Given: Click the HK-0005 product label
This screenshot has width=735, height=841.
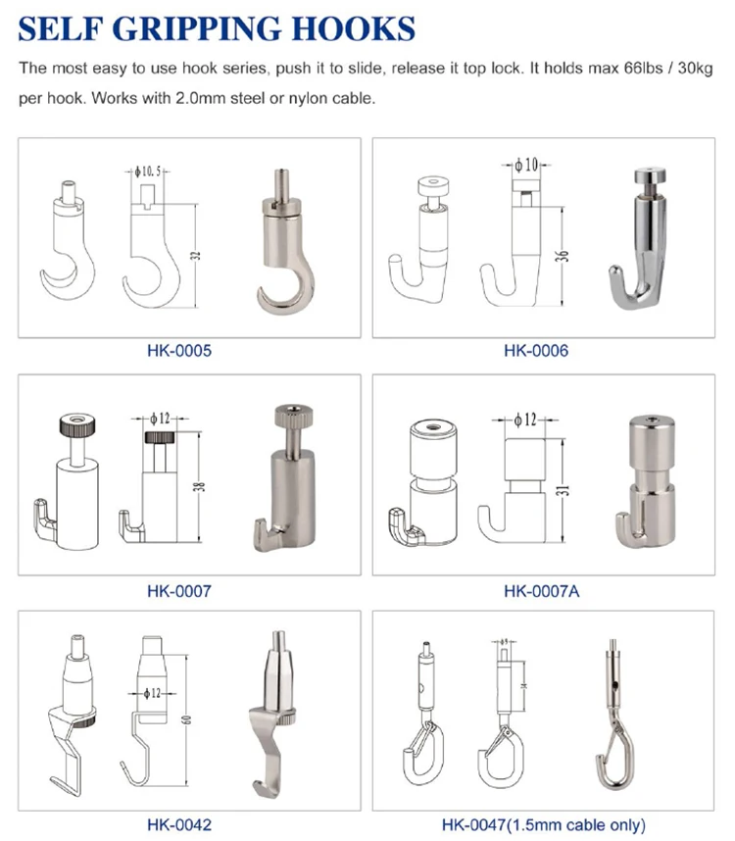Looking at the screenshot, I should pyautogui.click(x=178, y=350).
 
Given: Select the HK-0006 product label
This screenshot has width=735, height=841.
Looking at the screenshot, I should pyautogui.click(x=535, y=350).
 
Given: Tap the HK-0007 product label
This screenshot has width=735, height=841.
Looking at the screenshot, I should pyautogui.click(x=178, y=590).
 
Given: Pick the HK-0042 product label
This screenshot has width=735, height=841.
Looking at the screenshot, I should pyautogui.click(x=178, y=824).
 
